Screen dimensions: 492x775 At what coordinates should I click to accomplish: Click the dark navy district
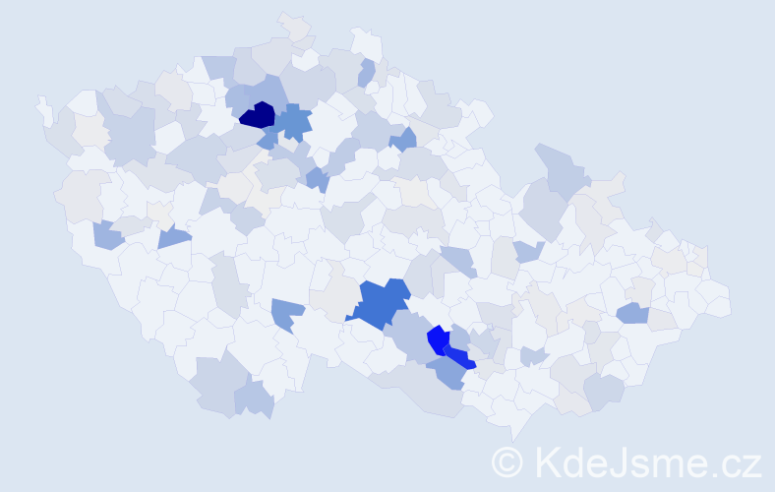tap(258, 115)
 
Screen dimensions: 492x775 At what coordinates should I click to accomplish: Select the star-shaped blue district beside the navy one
tap(293, 124)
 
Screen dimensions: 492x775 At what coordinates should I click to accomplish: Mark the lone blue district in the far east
tap(632, 313)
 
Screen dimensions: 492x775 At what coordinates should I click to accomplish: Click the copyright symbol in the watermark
tap(507, 461)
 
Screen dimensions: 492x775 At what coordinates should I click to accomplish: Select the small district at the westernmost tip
tap(43, 108)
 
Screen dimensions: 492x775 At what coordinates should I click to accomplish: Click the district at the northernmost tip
tap(293, 24)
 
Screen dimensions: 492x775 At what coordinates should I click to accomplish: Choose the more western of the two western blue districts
tap(108, 235)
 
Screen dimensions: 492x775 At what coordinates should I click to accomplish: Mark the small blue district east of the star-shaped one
tap(403, 139)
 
